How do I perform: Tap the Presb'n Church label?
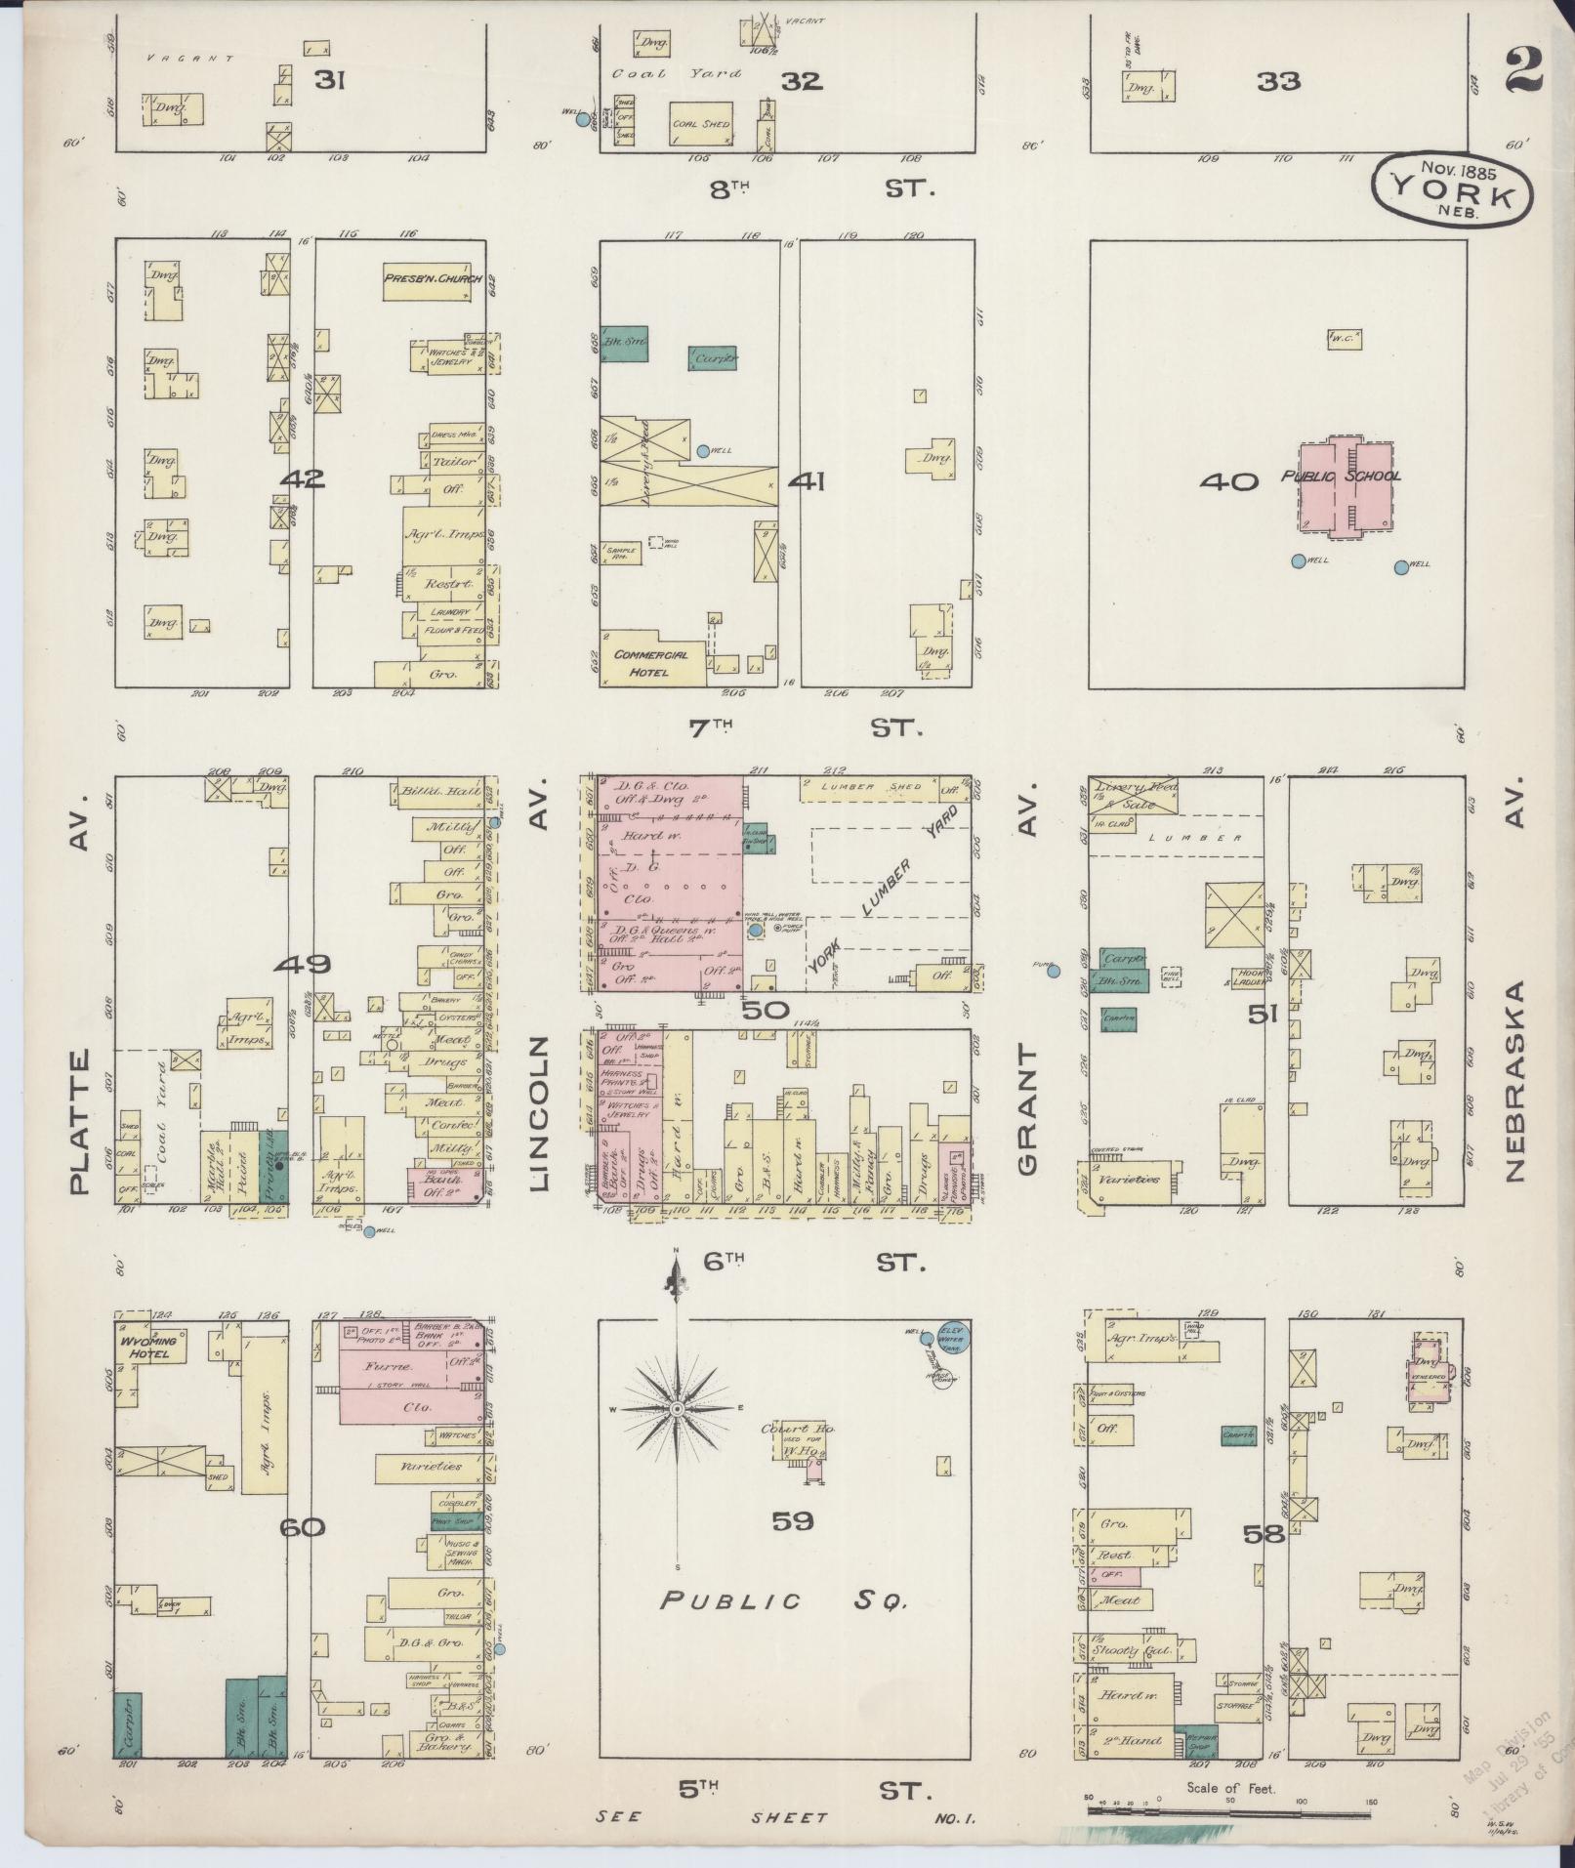pyautogui.click(x=433, y=279)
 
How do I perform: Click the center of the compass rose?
pyautogui.click(x=676, y=1409)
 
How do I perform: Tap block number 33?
pyautogui.click(x=1278, y=82)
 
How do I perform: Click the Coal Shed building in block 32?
pyautogui.click(x=701, y=123)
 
